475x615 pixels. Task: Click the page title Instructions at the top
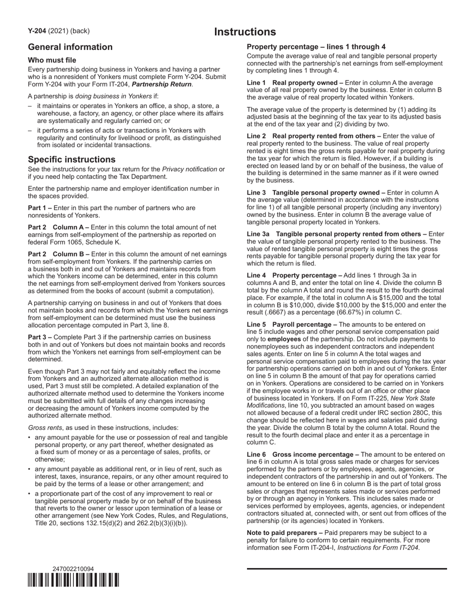245,32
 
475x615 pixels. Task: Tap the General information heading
70,47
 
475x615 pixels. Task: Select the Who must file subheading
52,60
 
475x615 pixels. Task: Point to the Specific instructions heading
71,159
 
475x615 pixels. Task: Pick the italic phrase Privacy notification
186,169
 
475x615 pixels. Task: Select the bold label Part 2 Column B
58,254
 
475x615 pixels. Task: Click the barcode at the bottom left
73,580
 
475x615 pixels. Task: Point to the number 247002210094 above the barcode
73,569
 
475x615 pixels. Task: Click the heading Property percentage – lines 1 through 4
316,46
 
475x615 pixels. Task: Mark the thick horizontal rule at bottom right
346,569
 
